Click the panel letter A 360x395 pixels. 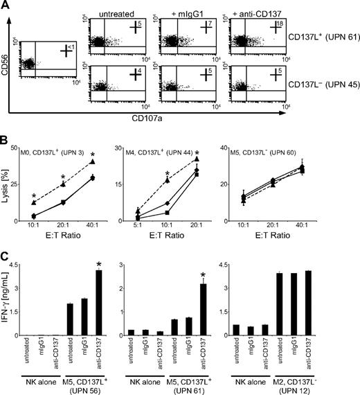[6, 6]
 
